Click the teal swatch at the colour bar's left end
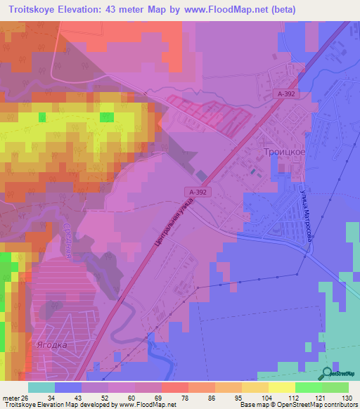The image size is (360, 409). [x=41, y=387]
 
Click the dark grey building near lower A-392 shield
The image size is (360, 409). [x=201, y=175]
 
